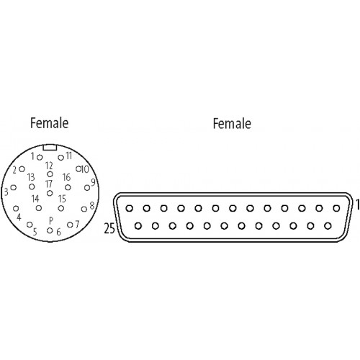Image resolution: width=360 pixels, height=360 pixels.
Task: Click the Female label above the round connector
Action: coord(50,123)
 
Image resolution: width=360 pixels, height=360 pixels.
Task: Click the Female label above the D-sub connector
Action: coord(232,124)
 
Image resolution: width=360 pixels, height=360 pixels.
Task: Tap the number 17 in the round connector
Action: coord(49,184)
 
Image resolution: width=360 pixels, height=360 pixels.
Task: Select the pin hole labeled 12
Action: coord(50,174)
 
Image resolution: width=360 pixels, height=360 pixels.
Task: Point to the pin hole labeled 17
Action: coord(50,193)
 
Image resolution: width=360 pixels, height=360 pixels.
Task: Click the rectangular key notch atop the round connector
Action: coord(50,147)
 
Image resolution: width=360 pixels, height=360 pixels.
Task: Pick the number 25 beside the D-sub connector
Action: coord(109,228)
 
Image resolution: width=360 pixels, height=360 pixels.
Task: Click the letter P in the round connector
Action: coord(51,220)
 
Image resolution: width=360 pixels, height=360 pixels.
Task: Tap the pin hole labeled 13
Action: coord(32,186)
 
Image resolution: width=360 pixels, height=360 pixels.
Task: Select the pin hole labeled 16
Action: coord(68,187)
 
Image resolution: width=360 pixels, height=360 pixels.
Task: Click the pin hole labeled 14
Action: coord(39,208)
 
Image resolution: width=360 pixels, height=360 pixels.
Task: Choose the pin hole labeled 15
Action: coord(61,208)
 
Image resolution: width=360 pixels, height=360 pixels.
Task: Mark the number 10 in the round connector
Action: coord(85,169)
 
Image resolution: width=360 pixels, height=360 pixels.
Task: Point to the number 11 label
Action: coord(69,156)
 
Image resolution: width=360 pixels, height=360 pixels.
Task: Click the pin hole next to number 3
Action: coord(14,187)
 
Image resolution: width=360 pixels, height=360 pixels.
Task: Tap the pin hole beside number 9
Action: coord(87,188)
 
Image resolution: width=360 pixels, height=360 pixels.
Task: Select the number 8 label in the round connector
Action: coord(92,206)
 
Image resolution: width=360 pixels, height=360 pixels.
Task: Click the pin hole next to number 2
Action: coord(22,169)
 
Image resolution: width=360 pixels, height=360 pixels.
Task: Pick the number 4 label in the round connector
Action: coord(19,217)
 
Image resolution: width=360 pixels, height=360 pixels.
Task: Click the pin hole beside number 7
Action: coord(70,225)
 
